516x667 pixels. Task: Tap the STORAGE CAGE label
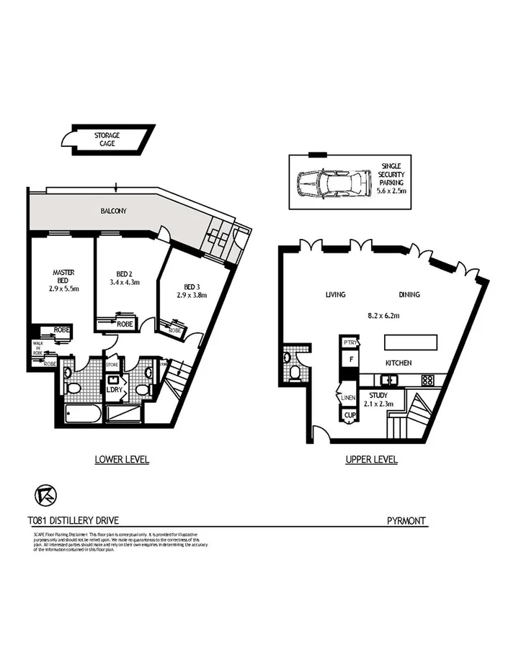coord(107,139)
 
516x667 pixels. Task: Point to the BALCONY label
coord(113,211)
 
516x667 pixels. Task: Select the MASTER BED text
coord(63,277)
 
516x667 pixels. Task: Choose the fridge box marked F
coord(350,358)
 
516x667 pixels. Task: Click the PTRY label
coord(350,342)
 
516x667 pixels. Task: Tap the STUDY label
coord(378,395)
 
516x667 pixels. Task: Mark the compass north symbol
coord(45,495)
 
